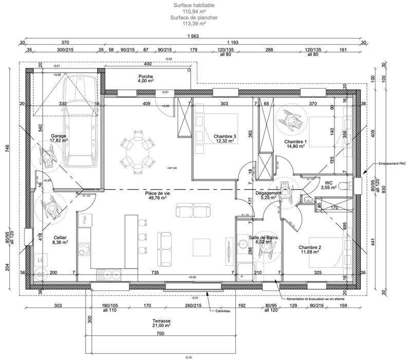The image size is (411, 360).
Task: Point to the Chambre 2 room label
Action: pos(310,249)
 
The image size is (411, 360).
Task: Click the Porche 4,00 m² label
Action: pos(145,78)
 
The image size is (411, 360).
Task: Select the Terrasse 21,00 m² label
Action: pos(161,323)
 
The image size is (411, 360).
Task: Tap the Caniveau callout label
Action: pos(222,310)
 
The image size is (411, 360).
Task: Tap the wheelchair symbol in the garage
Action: pos(48,155)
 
